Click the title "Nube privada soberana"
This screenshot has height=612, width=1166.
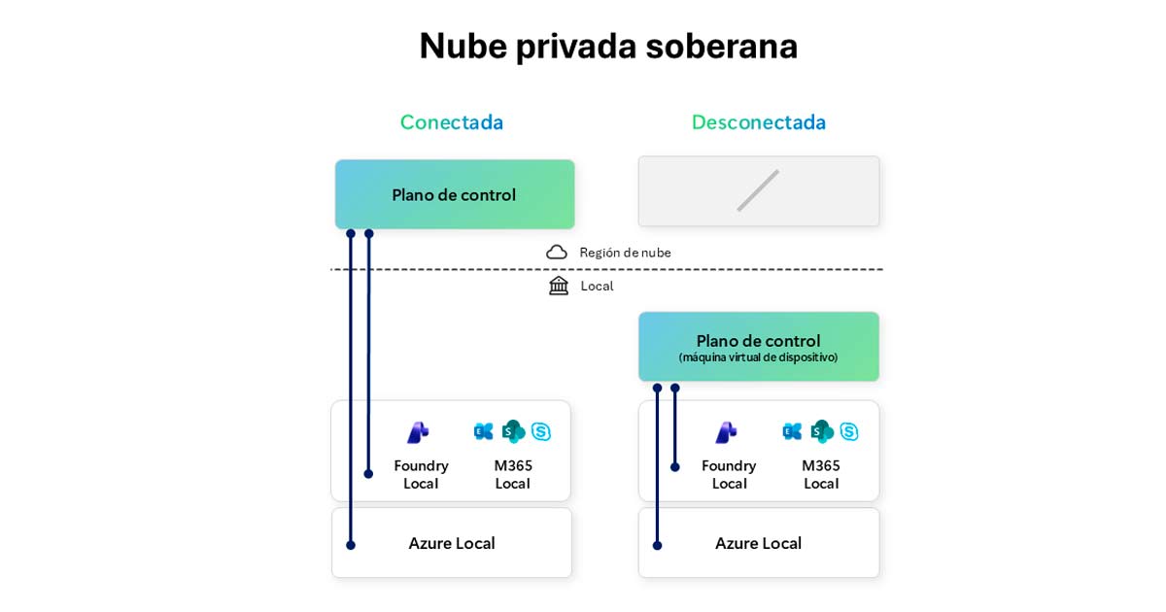(x=608, y=46)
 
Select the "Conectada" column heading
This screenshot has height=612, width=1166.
(x=452, y=122)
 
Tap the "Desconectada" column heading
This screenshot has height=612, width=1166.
(x=759, y=122)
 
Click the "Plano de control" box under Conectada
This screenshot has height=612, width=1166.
(x=455, y=194)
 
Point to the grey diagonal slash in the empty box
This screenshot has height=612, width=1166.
(x=758, y=190)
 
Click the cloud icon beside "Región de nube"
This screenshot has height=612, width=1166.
(x=557, y=253)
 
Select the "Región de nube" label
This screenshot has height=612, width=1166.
(x=625, y=253)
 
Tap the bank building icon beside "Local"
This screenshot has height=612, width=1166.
(x=559, y=286)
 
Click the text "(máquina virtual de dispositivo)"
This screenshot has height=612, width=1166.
(x=758, y=357)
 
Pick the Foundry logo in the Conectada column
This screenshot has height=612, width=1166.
(x=419, y=432)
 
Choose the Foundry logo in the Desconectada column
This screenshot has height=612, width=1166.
(x=727, y=432)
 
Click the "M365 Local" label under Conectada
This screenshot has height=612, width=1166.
(x=513, y=474)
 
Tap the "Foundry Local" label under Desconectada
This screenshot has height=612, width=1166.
(x=729, y=474)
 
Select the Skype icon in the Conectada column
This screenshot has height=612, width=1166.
(x=541, y=431)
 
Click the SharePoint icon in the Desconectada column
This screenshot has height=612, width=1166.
(x=822, y=431)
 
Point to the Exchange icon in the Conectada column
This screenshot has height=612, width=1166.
(x=484, y=431)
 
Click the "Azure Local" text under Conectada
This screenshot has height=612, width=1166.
(x=452, y=543)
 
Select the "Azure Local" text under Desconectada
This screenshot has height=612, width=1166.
(x=758, y=543)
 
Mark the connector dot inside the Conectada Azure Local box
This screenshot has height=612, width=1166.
(x=351, y=545)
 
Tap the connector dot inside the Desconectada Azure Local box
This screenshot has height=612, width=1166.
(x=658, y=545)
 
